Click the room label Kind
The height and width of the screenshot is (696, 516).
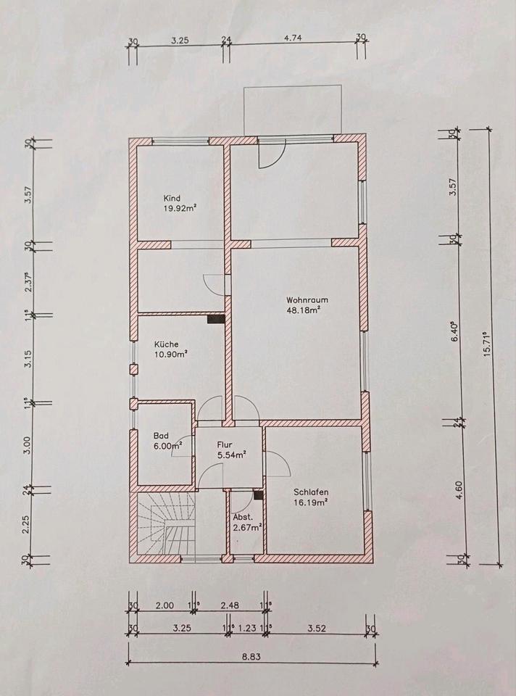point(172,198)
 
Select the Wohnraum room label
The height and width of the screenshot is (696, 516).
point(307,299)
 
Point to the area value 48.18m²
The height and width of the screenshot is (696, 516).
point(304,310)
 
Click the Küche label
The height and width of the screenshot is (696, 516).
point(167,344)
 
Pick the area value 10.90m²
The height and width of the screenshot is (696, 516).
point(171,355)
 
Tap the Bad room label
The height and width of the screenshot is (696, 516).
point(161,436)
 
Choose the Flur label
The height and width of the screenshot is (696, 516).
point(225,444)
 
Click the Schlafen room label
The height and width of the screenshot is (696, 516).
point(311,492)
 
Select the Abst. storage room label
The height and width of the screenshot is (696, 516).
point(243,517)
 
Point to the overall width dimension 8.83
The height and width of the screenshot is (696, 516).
point(251,657)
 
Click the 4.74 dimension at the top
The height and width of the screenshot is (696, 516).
point(293,38)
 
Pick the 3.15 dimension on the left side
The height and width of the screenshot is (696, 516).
point(28,359)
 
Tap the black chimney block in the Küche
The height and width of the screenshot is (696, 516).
point(216,319)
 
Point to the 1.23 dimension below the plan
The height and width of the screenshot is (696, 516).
point(247,628)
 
